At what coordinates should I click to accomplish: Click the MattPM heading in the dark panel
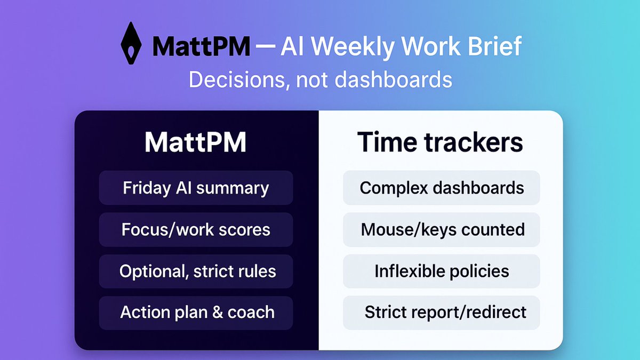196,143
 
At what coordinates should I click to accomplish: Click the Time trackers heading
441,143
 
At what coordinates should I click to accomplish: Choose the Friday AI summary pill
196,188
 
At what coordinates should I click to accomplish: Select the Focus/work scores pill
196,229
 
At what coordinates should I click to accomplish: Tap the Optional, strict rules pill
196,271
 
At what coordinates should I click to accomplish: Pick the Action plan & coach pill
196,313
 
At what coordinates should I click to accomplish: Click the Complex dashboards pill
441,188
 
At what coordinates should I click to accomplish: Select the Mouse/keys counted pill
441,229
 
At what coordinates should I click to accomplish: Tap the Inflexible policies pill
441,271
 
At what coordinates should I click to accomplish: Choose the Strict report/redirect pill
441,313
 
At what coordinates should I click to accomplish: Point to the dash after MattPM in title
265,47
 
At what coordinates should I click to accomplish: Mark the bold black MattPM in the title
201,47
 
